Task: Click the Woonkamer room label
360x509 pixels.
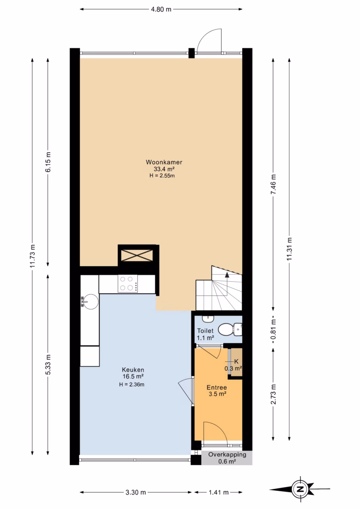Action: click(164, 162)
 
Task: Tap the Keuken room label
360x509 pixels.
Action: click(133, 370)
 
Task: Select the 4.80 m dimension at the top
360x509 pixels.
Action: click(161, 9)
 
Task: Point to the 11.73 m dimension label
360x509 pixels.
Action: click(32, 255)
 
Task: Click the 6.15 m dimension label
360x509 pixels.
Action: click(48, 162)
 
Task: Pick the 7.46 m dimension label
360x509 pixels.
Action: click(274, 184)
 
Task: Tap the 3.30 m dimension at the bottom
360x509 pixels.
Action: click(135, 492)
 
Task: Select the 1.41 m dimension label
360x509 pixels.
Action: click(219, 492)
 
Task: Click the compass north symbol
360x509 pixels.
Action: click(300, 488)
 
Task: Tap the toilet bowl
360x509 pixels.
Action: click(230, 329)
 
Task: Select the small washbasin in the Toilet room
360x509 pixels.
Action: click(208, 319)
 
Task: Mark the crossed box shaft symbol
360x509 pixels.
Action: click(137, 255)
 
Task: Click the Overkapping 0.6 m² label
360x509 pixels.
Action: click(227, 458)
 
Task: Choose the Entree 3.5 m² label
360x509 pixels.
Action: click(217, 390)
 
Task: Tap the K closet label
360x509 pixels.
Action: click(236, 361)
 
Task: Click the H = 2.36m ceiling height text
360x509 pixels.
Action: click(131, 385)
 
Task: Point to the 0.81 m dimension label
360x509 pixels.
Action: click(274, 330)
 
